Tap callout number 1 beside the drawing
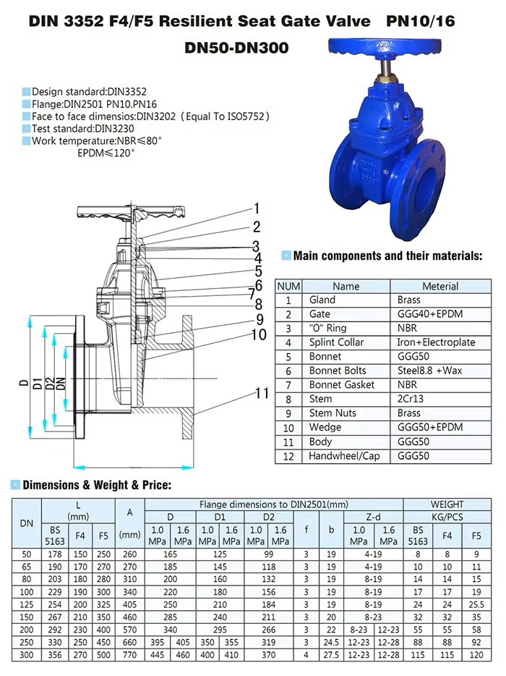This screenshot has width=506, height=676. click(256, 190)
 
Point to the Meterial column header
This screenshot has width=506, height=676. click(440, 286)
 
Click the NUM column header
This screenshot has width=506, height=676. click(289, 286)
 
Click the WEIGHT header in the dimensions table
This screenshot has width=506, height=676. click(447, 504)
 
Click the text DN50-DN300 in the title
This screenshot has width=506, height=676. click(236, 48)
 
